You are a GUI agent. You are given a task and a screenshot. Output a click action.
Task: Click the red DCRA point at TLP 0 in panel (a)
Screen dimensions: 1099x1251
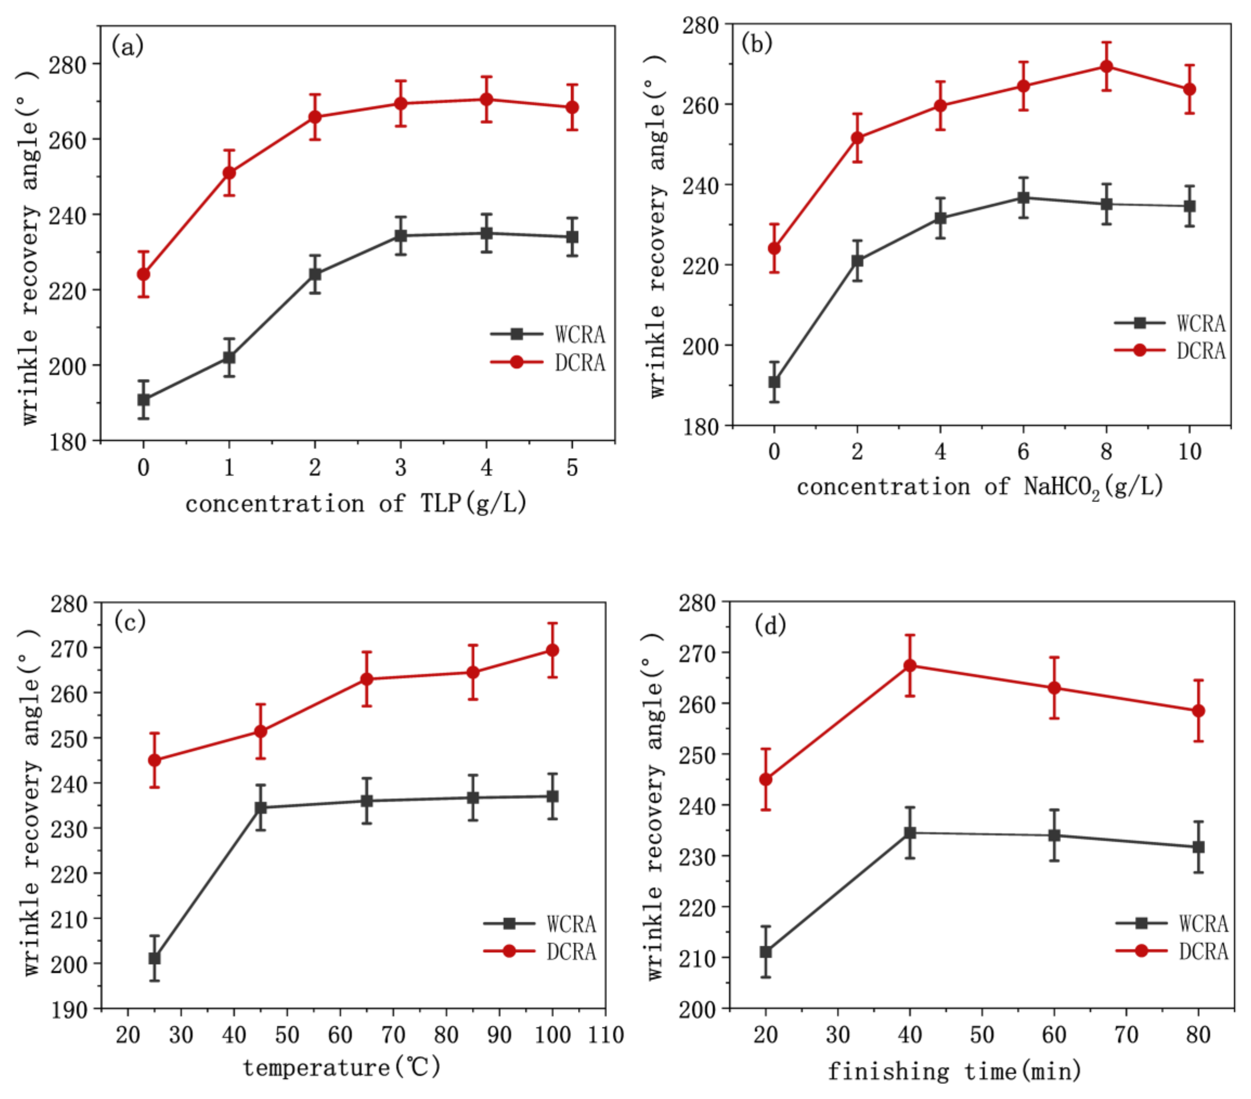tap(143, 274)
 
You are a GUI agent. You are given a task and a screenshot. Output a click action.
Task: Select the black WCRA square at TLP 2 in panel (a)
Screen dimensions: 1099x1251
tap(314, 274)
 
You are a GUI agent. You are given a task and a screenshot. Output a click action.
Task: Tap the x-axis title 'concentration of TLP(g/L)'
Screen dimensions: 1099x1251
tap(356, 503)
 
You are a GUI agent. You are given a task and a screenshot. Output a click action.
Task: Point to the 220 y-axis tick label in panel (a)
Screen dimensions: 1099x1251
tap(67, 291)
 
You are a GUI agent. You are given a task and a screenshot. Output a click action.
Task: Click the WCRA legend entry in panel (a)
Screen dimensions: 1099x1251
tap(547, 334)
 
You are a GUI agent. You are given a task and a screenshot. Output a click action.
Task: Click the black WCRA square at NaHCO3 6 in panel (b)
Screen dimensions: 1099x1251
tap(1023, 198)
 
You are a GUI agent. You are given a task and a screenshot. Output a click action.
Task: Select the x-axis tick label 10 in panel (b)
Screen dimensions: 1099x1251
tap(1189, 452)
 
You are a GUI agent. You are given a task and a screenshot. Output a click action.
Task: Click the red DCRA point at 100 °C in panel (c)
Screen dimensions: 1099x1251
tap(552, 650)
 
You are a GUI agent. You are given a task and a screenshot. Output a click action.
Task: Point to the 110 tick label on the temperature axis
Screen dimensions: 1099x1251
tap(605, 1035)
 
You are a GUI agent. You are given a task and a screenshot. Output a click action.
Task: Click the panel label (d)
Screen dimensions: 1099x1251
tap(770, 625)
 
